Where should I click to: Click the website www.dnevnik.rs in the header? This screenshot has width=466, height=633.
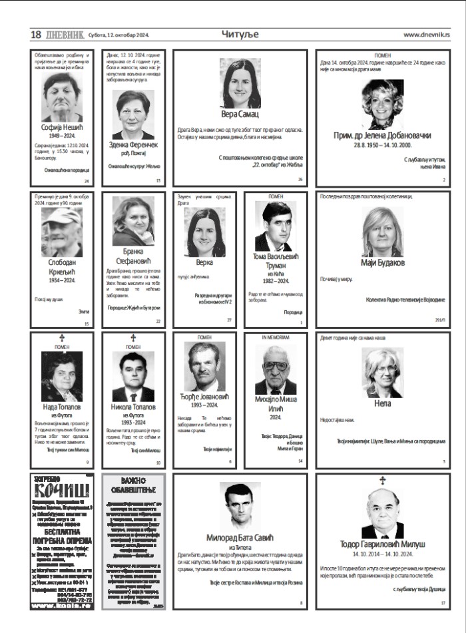pos(426,35)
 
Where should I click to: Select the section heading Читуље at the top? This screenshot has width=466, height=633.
pos(240,34)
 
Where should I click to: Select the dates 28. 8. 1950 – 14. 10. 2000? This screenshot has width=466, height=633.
pos(382,144)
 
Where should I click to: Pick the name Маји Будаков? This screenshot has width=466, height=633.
pos(382,262)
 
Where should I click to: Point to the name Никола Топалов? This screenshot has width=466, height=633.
pos(133,406)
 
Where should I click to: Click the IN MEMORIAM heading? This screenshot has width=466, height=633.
pos(276,337)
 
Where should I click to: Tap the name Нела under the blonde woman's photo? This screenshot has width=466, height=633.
pos(382,403)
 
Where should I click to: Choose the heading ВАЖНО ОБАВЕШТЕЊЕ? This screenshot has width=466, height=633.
pos(133,485)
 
